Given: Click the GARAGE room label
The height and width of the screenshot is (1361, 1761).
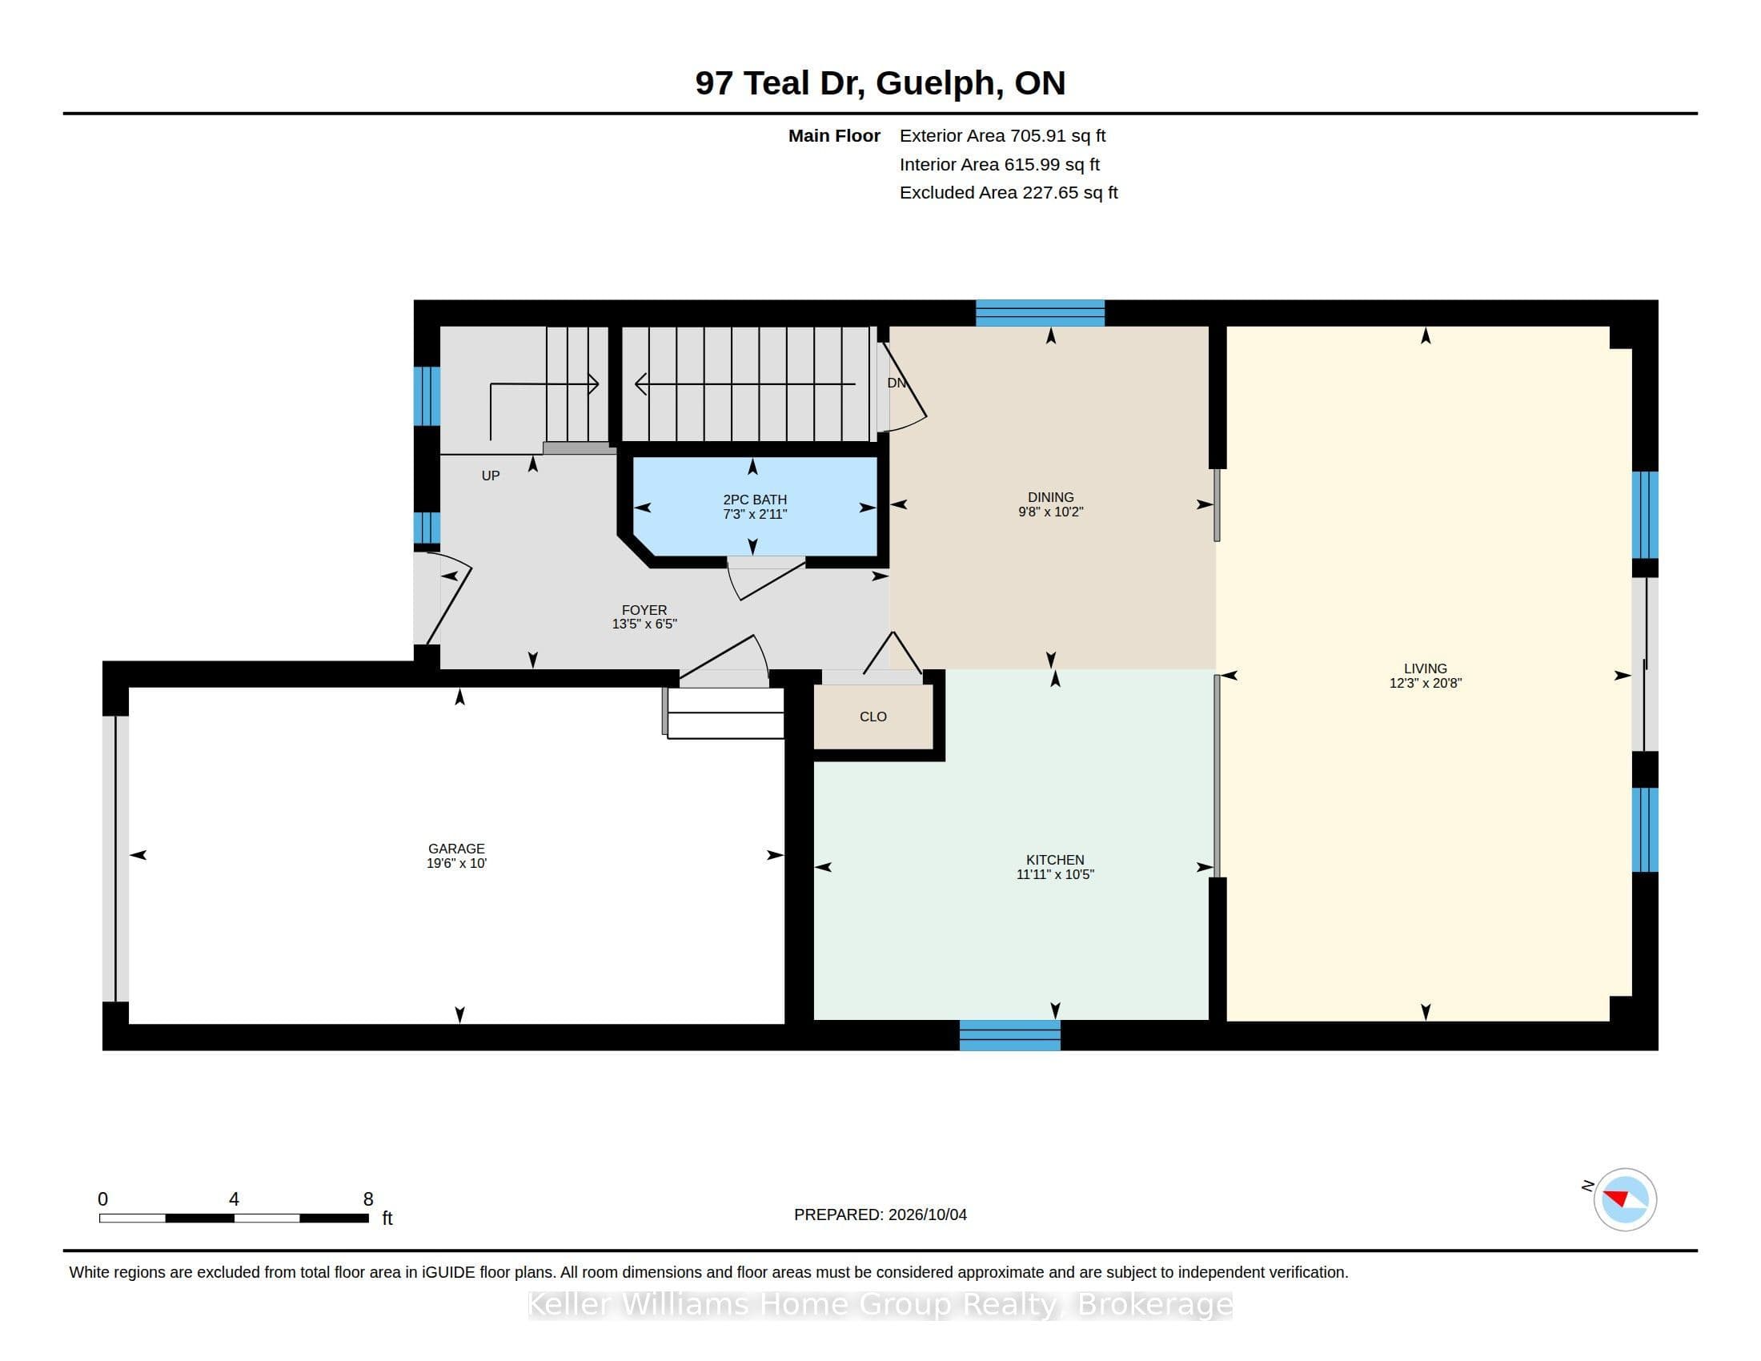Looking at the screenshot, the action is pyautogui.click(x=456, y=848).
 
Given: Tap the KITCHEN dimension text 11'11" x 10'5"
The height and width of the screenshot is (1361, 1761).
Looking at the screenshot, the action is pyautogui.click(x=1055, y=874).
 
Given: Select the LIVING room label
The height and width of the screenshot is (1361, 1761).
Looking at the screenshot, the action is pyautogui.click(x=1425, y=668).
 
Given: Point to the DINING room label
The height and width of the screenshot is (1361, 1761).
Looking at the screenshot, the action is pyautogui.click(x=1051, y=496).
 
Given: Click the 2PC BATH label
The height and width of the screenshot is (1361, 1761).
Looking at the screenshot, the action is pyautogui.click(x=755, y=499).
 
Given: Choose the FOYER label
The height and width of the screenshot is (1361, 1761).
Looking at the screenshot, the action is pyautogui.click(x=644, y=610).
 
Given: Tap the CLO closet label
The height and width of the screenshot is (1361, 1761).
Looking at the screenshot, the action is pyautogui.click(x=873, y=717).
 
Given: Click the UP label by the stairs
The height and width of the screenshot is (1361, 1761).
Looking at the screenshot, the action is pyautogui.click(x=490, y=476).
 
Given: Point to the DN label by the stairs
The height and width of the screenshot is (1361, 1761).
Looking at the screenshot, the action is pyautogui.click(x=897, y=383).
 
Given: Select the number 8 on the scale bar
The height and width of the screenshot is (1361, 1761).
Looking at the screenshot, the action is pyautogui.click(x=368, y=1199).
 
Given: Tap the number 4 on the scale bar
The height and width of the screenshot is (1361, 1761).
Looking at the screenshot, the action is pyautogui.click(x=234, y=1199).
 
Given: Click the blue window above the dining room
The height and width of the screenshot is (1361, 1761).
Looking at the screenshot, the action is pyautogui.click(x=1040, y=313).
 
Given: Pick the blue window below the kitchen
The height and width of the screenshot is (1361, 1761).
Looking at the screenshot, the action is pyautogui.click(x=1009, y=1035).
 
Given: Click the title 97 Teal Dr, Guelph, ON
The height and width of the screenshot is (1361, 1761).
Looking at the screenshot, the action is pyautogui.click(x=880, y=83).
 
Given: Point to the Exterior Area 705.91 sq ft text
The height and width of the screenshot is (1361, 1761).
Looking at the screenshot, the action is pyautogui.click(x=1002, y=135).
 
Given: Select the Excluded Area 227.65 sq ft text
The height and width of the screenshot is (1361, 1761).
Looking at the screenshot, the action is pyautogui.click(x=1009, y=193).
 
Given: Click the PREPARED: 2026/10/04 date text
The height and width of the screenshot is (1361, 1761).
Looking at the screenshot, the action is pyautogui.click(x=880, y=1214).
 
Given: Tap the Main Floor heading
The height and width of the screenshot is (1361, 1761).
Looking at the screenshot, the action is pyautogui.click(x=834, y=135).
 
